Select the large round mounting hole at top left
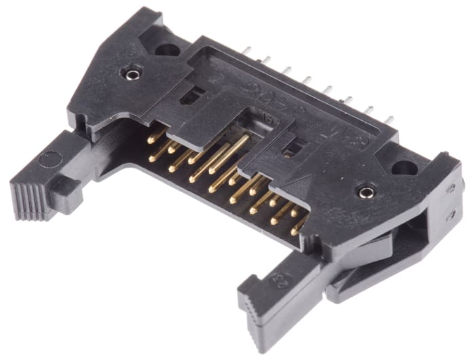tap(166, 48)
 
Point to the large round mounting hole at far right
tap(404, 167)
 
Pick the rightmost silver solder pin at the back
tap(389, 120)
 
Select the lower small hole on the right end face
tap(451, 216)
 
